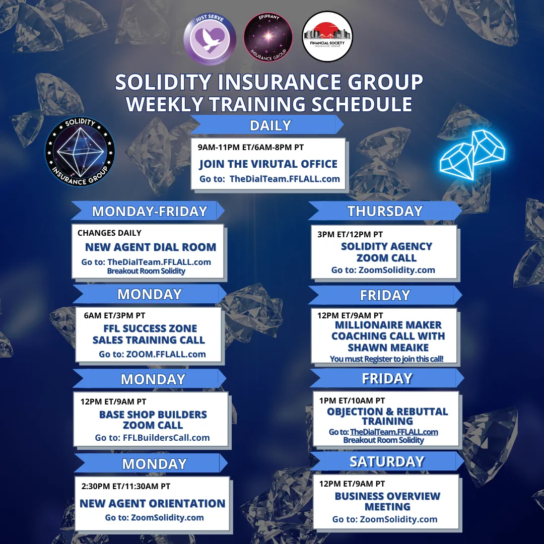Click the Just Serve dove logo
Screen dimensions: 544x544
[x=210, y=38]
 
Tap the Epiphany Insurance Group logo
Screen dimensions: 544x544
[x=268, y=37]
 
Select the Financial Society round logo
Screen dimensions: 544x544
[x=327, y=36]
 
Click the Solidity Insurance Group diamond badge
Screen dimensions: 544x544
[x=80, y=151]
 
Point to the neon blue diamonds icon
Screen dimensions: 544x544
[x=472, y=155]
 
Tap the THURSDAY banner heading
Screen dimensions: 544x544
[x=385, y=211]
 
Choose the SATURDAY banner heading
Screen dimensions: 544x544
[x=387, y=461]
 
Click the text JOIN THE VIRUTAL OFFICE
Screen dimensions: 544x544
[x=268, y=164]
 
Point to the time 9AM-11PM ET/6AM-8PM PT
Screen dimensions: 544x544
[x=251, y=147]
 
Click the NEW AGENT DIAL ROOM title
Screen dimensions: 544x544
[x=151, y=247]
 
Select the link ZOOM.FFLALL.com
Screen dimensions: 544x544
[x=166, y=354]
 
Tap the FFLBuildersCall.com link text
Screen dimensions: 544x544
[x=166, y=438]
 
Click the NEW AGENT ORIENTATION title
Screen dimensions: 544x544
[x=152, y=503]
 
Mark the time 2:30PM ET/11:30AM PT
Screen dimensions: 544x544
[x=126, y=487]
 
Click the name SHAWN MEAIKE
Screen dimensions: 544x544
[x=388, y=347]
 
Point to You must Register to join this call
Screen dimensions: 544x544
[x=386, y=359]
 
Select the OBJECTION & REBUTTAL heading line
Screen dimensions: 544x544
[x=387, y=412]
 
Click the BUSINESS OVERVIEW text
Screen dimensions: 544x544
[x=387, y=496]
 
